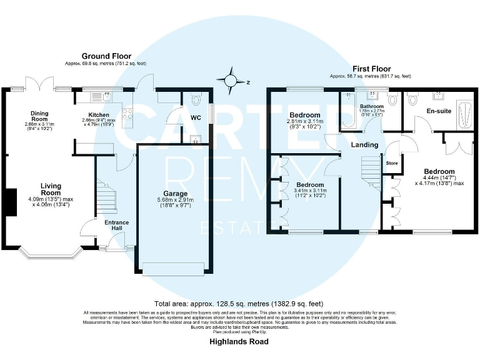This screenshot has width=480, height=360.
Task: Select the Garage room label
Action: pyautogui.click(x=175, y=194)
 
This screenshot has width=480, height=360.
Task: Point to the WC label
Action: pyautogui.click(x=196, y=117)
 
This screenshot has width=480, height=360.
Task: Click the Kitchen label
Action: pyautogui.click(x=99, y=115)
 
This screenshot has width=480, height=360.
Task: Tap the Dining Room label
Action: pyautogui.click(x=39, y=116)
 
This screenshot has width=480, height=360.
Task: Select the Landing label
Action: pyautogui.click(x=365, y=145)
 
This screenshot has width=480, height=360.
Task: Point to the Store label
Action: pyautogui.click(x=392, y=163)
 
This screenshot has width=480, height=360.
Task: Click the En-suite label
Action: pyautogui.click(x=438, y=111)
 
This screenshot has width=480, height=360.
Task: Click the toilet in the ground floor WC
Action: pyautogui.click(x=194, y=99)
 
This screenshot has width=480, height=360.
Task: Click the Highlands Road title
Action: pyautogui.click(x=239, y=342)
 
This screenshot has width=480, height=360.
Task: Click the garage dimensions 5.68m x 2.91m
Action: pyautogui.click(x=175, y=200)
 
